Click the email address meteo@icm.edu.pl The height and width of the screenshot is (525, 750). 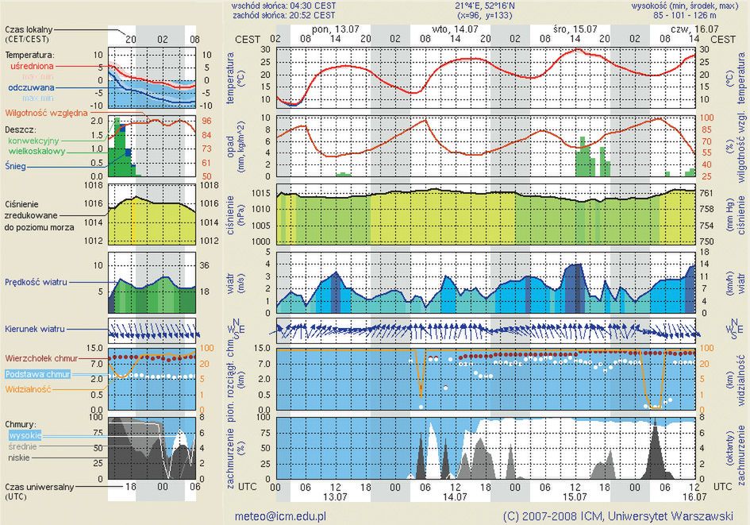(x=280, y=515)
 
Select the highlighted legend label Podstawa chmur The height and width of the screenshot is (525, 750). (x=37, y=374)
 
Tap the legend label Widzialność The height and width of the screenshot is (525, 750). (x=29, y=390)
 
